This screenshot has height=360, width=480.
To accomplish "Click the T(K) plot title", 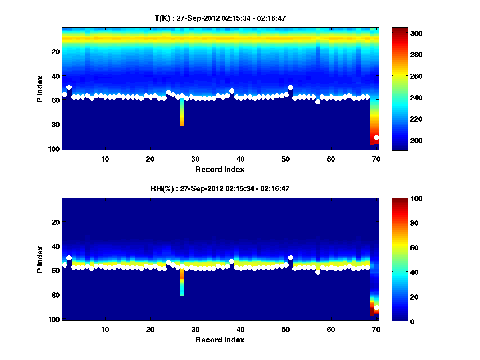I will [220, 18].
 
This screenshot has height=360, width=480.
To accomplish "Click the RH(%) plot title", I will [220, 188].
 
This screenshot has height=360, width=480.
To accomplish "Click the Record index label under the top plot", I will [220, 169].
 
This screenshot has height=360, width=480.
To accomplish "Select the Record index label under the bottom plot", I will [220, 340].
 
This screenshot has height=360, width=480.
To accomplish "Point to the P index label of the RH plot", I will [40, 259].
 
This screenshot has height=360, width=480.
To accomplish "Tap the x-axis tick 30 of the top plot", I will [195, 159].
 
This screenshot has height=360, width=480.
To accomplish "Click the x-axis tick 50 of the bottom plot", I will [286, 329].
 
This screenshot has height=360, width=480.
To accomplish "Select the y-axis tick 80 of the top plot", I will [56, 124].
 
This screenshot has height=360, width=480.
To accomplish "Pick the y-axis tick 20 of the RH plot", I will [56, 222].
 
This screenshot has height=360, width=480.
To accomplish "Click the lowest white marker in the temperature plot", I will [376, 137].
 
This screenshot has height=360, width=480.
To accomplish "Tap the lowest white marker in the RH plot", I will [376, 308].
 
